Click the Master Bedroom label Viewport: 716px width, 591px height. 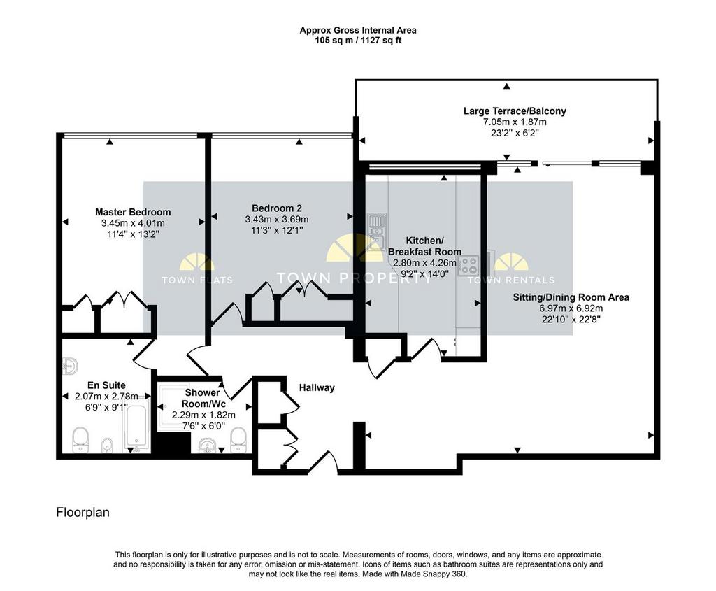pyautogui.click(x=133, y=212)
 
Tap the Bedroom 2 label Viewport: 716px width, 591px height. pyautogui.click(x=277, y=208)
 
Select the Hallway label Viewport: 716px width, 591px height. pyautogui.click(x=317, y=387)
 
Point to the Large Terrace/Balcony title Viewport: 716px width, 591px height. pyautogui.click(x=515, y=111)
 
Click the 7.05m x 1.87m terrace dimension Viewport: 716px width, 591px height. pyautogui.click(x=515, y=122)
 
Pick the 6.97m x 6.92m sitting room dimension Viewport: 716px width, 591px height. pyautogui.click(x=571, y=308)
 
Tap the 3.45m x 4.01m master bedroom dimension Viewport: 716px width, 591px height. pyautogui.click(x=133, y=223)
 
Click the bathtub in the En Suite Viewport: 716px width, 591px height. pyautogui.click(x=136, y=426)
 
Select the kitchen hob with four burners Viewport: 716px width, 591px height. pyautogui.click(x=468, y=266)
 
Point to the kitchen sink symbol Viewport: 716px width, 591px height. pyautogui.click(x=377, y=232)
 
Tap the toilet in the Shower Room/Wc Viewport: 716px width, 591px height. pyautogui.click(x=238, y=440)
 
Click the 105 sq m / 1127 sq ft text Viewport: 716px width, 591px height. pyautogui.click(x=358, y=40)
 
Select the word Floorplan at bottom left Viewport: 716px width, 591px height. pyautogui.click(x=83, y=513)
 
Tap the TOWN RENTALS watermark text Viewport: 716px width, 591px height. pyautogui.click(x=511, y=280)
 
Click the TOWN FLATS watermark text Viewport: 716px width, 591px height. pyautogui.click(x=197, y=280)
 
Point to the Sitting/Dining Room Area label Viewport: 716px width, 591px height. pyautogui.click(x=571, y=297)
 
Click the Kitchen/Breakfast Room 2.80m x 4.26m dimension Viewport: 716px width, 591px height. pyautogui.click(x=424, y=262)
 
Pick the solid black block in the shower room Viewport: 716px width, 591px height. pyautogui.click(x=171, y=443)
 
